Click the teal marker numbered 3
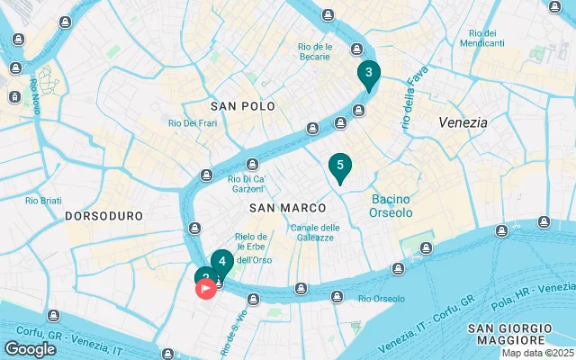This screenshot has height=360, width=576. click(368, 74)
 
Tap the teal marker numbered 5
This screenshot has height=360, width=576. click(339, 166)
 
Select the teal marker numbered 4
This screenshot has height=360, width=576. click(222, 262)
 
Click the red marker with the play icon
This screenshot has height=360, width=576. click(205, 288)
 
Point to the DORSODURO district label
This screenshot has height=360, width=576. click(104, 217)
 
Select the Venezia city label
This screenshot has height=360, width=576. click(463, 121)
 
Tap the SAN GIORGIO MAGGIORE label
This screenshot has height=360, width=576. click(507, 334)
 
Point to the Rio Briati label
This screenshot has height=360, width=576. click(43, 200)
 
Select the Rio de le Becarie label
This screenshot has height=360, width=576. click(316, 51)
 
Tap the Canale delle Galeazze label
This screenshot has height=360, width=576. click(314, 232)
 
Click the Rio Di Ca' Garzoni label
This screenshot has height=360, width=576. click(247, 184)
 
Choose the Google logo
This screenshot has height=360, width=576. click(30, 349)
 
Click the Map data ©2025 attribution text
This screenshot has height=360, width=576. click(537, 353)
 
